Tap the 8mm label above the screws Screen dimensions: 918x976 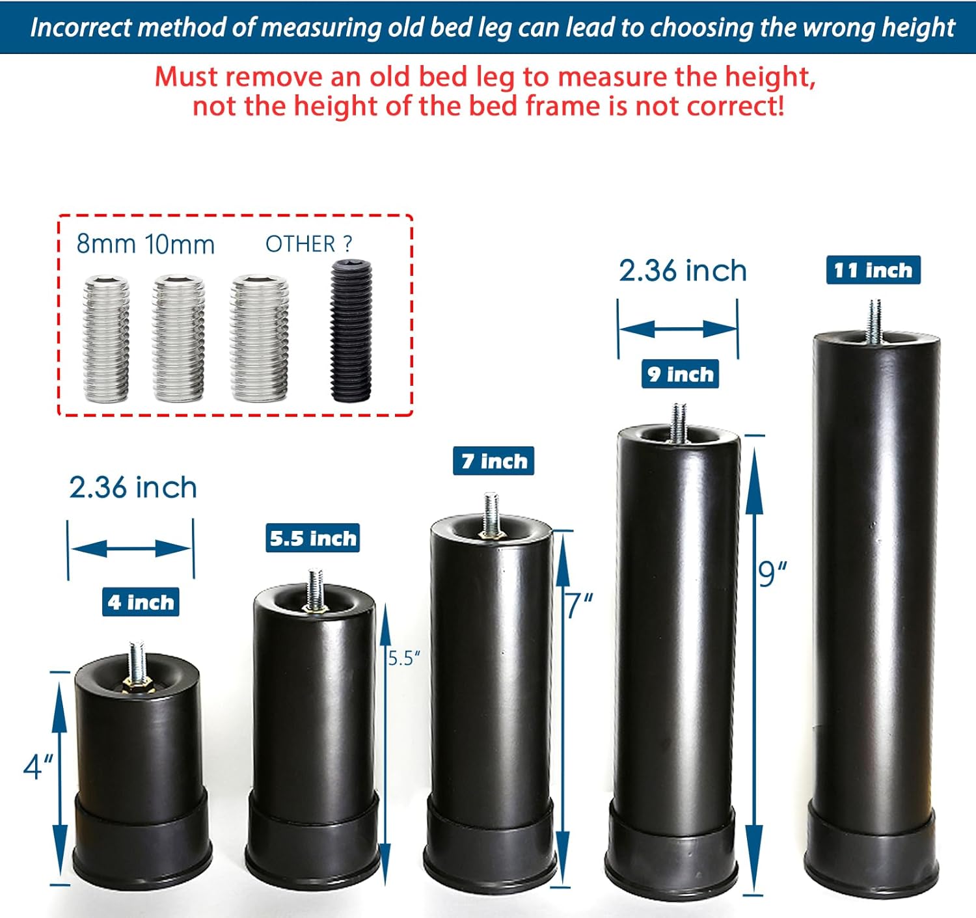(x=105, y=244)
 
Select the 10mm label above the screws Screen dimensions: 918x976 (x=180, y=245)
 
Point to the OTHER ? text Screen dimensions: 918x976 (x=308, y=244)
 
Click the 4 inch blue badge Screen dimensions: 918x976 (x=141, y=602)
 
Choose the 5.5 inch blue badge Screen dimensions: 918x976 (x=313, y=538)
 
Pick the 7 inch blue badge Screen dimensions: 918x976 (x=494, y=461)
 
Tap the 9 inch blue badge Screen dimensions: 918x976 (x=680, y=374)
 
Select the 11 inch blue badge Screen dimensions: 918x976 (x=873, y=270)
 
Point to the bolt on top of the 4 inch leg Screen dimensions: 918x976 (x=137, y=662)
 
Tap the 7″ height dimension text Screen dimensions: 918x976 (x=578, y=605)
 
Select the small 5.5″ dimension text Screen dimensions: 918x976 (x=404, y=658)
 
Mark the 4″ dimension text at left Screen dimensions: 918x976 (x=38, y=766)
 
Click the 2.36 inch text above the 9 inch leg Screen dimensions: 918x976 (x=683, y=270)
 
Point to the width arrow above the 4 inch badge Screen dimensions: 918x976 (x=131, y=548)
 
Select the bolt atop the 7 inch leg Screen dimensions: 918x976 (x=491, y=514)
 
